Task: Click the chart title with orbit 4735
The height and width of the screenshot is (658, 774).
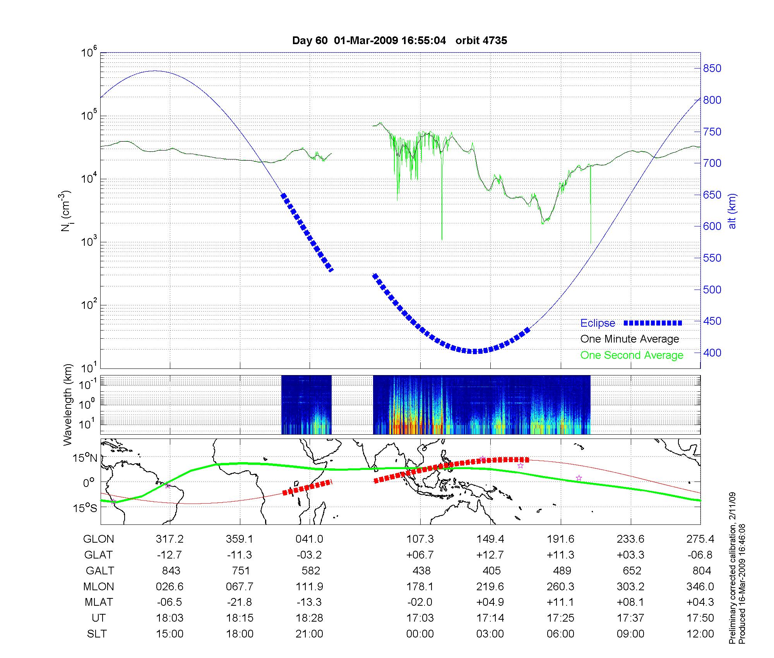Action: pos(399,41)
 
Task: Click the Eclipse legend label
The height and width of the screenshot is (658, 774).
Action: pos(598,323)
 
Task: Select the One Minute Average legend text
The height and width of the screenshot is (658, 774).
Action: pos(630,339)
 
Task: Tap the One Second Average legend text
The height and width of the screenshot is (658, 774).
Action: pos(632,355)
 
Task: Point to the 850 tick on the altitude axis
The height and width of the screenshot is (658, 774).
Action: pos(712,69)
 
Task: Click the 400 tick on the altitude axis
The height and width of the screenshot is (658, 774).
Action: pos(712,353)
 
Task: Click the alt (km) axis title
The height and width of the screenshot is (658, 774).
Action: pos(732,211)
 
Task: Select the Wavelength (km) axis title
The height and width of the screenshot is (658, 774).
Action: pos(68,404)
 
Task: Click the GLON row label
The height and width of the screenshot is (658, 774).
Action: pos(99,539)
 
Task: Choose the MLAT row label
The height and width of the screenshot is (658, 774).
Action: pos(99,602)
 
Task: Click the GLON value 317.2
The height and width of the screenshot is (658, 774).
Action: pos(170,539)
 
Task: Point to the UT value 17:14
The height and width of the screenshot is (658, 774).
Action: pos(490,618)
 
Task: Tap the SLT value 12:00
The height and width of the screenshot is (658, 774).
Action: pos(701,634)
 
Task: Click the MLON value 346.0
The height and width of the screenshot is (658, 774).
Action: pos(701,587)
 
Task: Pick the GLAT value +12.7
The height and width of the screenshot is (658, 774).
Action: pos(490,555)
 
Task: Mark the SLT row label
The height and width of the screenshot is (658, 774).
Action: pos(97,634)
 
